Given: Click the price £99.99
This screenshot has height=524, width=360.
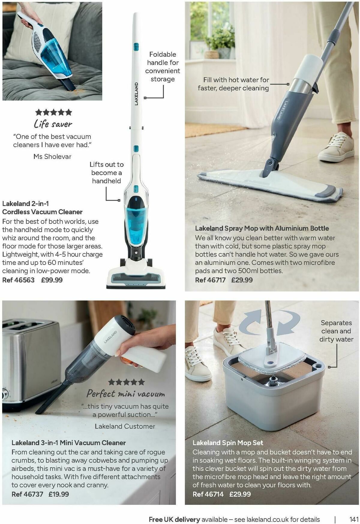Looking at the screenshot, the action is coord(52,280).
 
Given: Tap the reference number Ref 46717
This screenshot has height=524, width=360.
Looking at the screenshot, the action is coord(210,280).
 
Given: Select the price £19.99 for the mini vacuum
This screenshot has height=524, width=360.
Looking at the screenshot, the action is coord(59,494).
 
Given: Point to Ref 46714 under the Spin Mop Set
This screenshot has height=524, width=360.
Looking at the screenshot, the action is coord(208,494).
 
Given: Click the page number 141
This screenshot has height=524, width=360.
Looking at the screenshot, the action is coord(354,519).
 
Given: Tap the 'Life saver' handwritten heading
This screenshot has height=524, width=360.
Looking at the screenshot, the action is coord(53,124).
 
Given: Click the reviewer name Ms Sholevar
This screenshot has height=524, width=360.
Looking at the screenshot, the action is coord(52,156).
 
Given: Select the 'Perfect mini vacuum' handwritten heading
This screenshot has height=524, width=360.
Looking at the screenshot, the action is coord(126,393).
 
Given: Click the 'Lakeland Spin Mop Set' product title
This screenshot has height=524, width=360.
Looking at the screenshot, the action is coord(228,443).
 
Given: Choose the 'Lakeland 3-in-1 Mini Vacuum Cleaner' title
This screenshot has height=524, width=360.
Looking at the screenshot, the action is coord(69,443).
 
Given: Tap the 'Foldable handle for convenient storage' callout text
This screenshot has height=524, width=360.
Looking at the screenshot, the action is coord(163,67).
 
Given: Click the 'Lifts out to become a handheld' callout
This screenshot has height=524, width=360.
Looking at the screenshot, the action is coord(106,172).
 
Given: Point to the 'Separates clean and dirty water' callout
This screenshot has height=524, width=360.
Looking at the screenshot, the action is coord(336,331).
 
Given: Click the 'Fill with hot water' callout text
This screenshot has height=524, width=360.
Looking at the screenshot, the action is coord(233,84).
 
